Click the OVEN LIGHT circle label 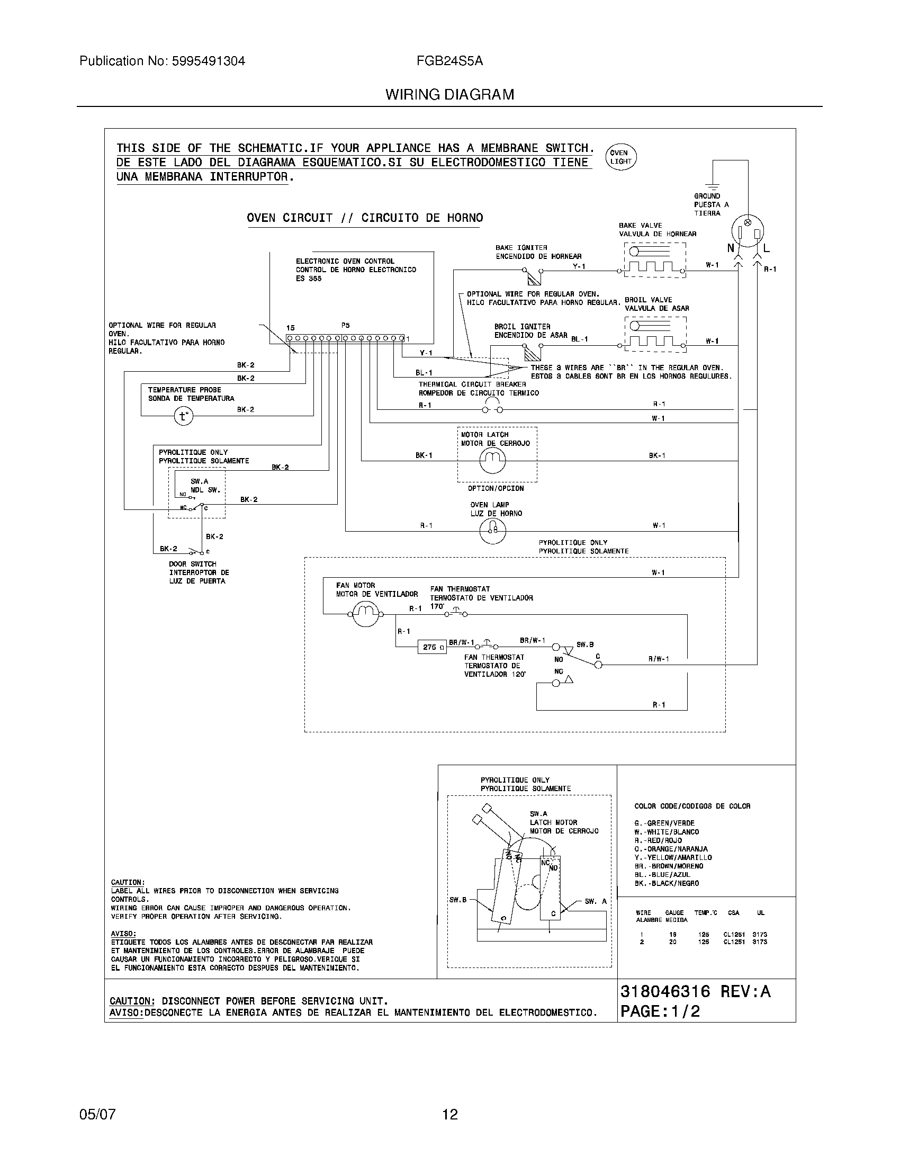point(621,157)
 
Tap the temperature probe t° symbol point(183,416)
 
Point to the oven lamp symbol point(492,530)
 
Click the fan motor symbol point(366,614)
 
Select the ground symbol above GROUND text point(712,187)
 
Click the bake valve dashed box point(655,261)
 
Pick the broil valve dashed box point(655,335)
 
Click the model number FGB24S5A point(449,61)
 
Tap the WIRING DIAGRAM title point(449,94)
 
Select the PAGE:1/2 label point(660,1011)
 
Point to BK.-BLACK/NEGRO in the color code point(667,883)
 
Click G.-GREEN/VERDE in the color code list point(664,823)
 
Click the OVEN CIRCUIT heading point(365,218)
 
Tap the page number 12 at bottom point(449,1114)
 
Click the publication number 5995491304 point(208,61)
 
